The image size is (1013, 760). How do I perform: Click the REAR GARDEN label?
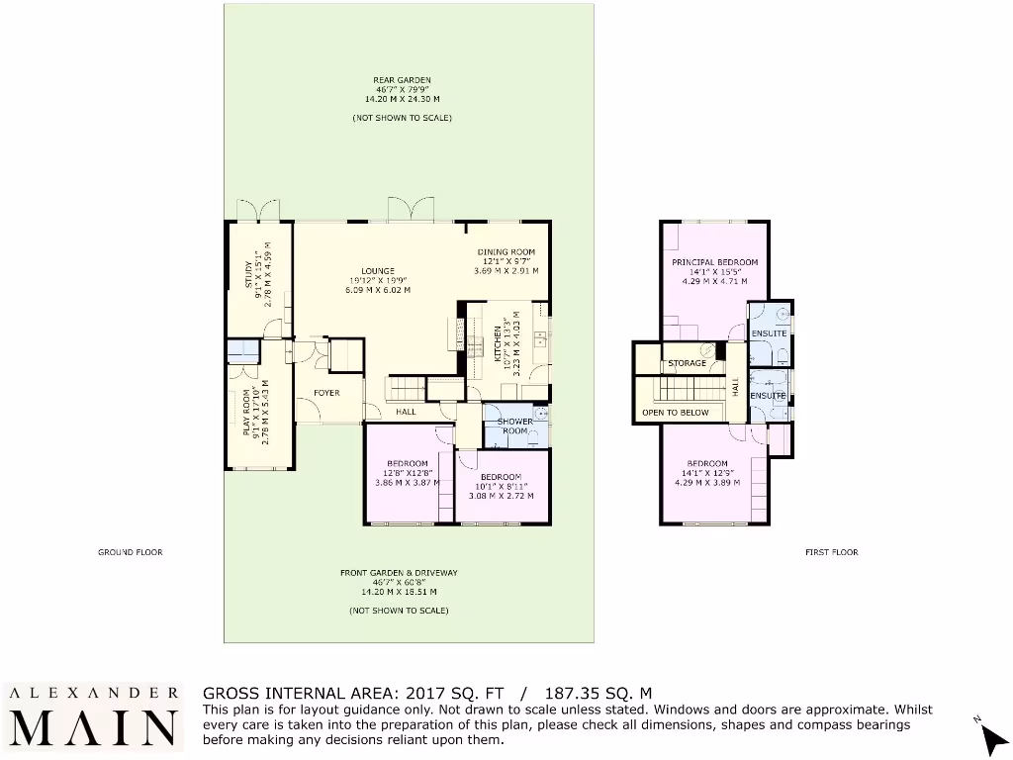coord(402,80)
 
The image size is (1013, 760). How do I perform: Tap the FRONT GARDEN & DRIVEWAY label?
coord(399,573)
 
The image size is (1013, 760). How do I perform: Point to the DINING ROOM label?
coord(506,252)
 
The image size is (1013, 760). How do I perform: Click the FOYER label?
coord(326,393)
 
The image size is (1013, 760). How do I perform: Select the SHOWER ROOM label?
coord(515,426)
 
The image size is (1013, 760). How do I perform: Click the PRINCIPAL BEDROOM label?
coord(714,262)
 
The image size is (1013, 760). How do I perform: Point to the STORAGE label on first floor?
coord(687,363)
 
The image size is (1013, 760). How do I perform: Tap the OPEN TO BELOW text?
coord(675,412)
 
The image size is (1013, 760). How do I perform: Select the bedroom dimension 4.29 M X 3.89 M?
coord(707,483)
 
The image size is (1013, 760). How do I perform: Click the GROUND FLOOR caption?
coord(130,552)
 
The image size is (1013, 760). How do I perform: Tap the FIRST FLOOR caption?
coord(831,552)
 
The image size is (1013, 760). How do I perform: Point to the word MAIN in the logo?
coord(95,727)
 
